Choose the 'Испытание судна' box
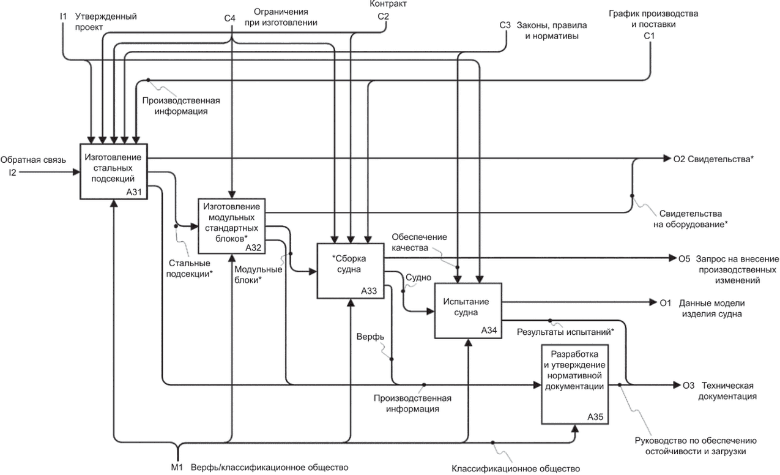468,310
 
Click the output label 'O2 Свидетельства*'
713,159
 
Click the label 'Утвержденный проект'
105,22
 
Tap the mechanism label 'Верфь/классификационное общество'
269,468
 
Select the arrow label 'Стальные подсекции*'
190,267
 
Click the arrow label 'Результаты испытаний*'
565,332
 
